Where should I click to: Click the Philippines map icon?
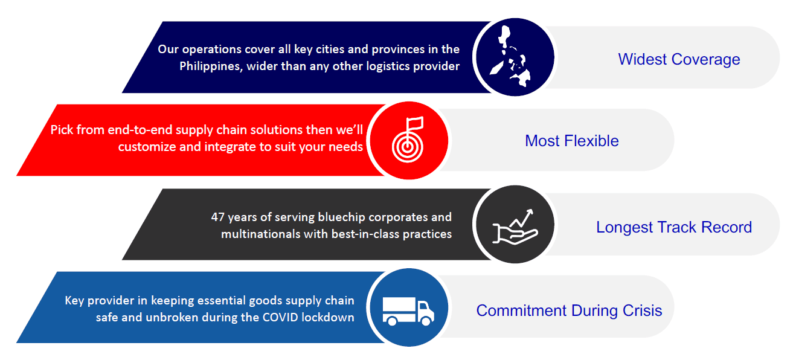510,57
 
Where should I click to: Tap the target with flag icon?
408,140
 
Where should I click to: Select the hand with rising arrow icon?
515,227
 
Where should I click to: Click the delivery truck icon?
408,311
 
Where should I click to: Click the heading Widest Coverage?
679,59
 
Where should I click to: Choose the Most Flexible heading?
572,141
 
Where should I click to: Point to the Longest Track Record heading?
674,227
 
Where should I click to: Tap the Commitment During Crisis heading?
569,310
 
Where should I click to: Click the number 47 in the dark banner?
217,217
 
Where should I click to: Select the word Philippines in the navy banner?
211,66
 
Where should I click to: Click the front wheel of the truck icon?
426,321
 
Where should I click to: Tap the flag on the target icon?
416,123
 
